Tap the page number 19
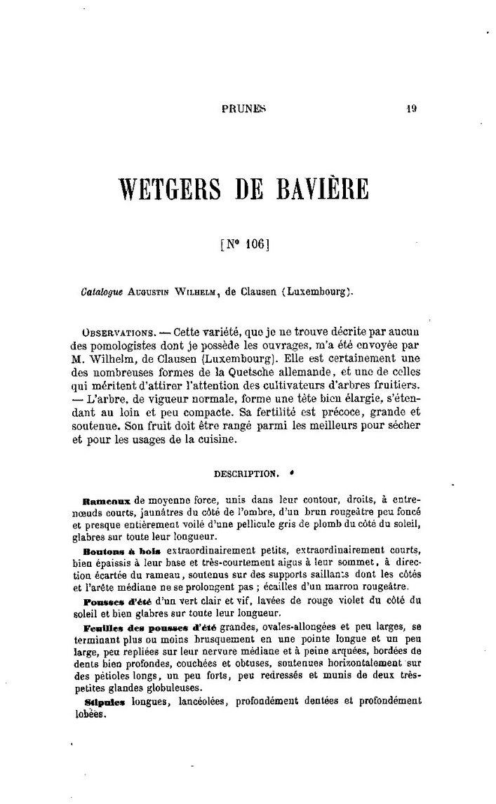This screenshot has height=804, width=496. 412,109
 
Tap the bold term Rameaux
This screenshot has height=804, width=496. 107,502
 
